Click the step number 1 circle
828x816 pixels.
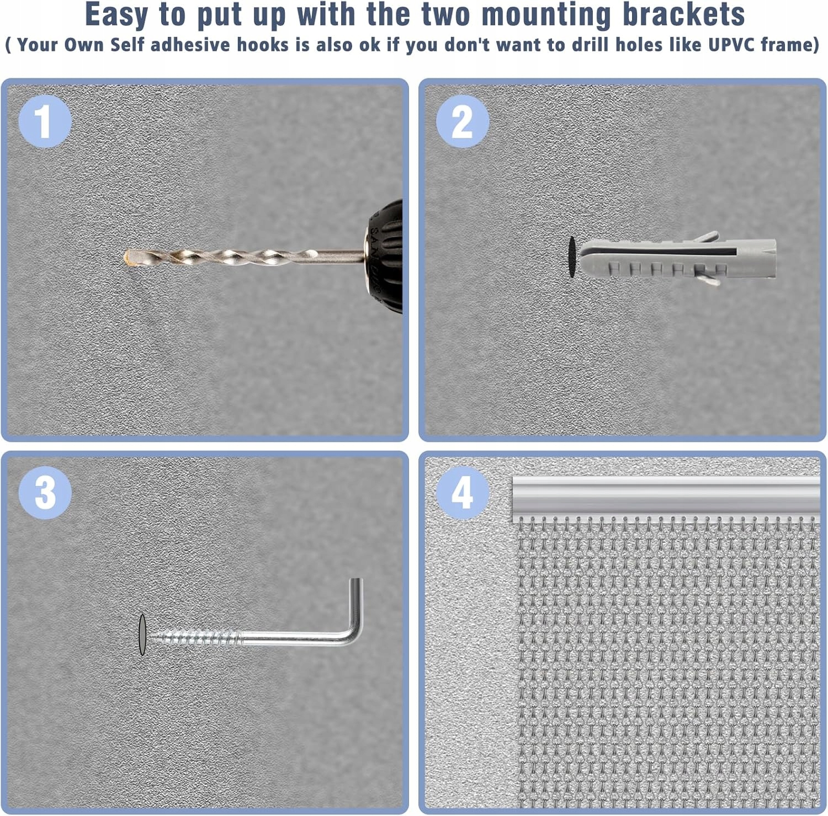(45, 121)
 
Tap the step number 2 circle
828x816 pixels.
(463, 121)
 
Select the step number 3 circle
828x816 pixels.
(45, 493)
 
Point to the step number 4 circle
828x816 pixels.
(463, 493)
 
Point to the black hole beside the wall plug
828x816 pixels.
(572, 257)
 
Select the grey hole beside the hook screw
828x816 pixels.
(142, 634)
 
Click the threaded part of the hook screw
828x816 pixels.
(196, 639)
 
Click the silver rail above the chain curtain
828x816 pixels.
(666, 496)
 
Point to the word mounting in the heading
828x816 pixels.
(546, 15)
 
